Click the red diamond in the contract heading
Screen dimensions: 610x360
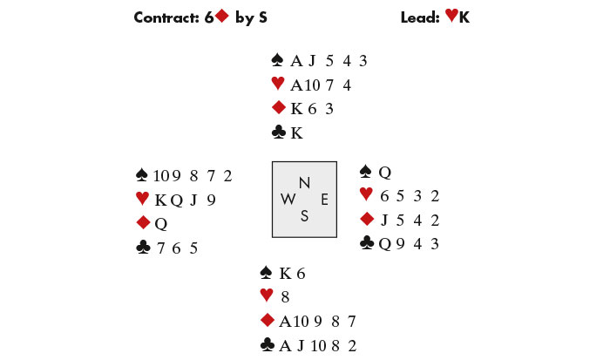[221, 16]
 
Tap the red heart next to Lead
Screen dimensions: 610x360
[451, 15]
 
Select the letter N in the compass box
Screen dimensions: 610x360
[305, 182]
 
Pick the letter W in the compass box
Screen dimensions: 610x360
[288, 200]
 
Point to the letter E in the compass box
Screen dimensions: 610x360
[324, 200]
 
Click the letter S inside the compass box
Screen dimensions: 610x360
[304, 216]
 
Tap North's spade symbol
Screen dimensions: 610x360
[277, 60]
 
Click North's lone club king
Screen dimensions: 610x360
[296, 133]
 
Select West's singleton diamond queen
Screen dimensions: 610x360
[161, 224]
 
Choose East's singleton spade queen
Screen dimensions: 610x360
[385, 172]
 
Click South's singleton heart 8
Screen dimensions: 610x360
[285, 297]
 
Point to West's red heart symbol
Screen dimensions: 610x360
[142, 199]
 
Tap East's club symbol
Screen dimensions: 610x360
[367, 243]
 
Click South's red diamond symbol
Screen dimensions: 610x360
[268, 320]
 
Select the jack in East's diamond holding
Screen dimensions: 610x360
[384, 221]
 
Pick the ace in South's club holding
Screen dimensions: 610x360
[285, 345]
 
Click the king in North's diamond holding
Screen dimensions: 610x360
[296, 109]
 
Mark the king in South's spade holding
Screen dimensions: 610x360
[285, 274]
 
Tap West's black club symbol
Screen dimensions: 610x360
[143, 248]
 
